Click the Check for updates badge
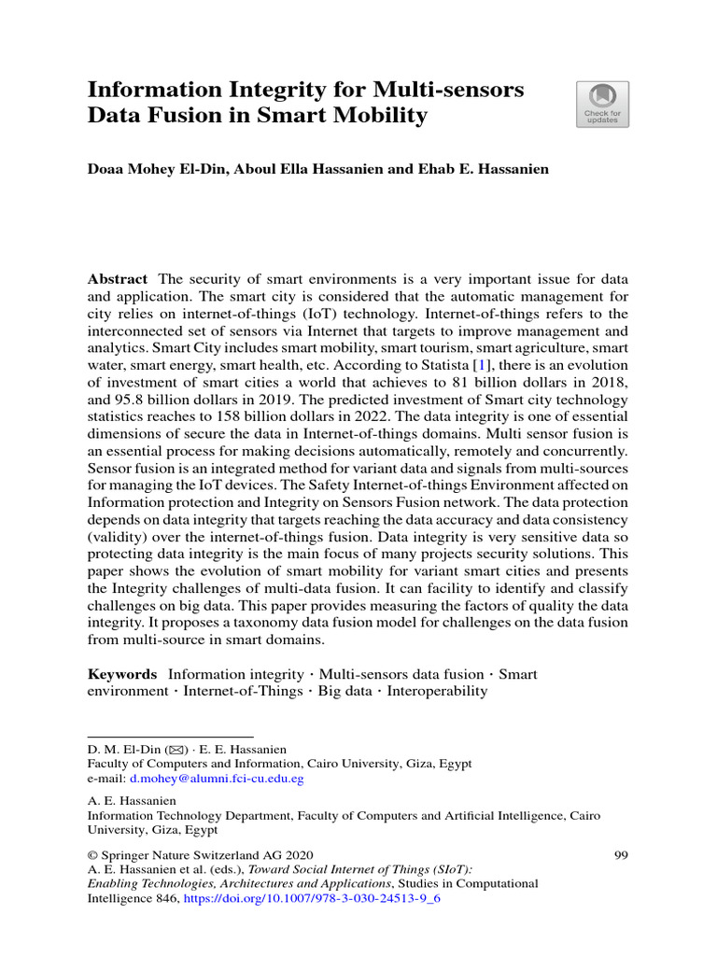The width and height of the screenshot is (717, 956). pos(602,104)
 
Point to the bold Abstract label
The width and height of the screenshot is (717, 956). pos(118,279)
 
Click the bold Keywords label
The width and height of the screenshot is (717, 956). pos(122,673)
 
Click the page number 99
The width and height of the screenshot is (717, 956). pos(621,854)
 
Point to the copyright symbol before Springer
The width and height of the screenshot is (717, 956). pos(92,854)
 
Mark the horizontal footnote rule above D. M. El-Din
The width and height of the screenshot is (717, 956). pos(170,737)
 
